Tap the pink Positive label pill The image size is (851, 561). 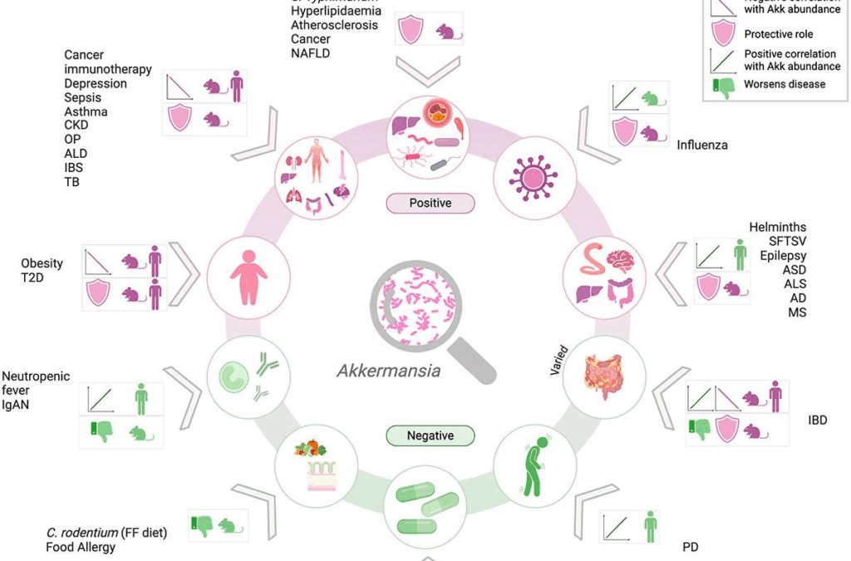click(x=430, y=203)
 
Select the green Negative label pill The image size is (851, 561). click(x=430, y=436)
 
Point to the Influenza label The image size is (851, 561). click(x=702, y=145)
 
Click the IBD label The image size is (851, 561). click(x=818, y=421)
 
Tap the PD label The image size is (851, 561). click(x=691, y=547)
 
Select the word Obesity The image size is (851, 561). click(x=42, y=263)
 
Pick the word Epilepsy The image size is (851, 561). click(x=783, y=255)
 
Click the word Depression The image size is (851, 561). click(x=96, y=83)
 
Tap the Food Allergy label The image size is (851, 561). click(x=81, y=547)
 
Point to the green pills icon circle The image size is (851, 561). click(x=429, y=509)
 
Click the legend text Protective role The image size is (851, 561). click(x=778, y=34)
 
